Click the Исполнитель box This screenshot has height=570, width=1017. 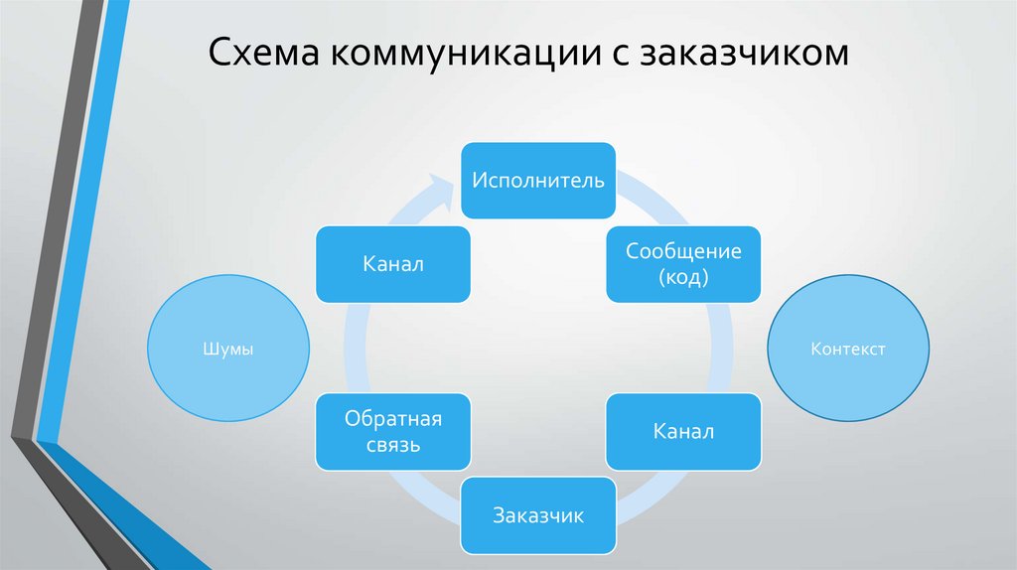tap(538, 180)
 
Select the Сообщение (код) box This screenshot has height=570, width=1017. tap(683, 264)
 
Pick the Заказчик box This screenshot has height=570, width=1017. tap(538, 515)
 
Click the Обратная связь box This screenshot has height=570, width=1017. tap(392, 432)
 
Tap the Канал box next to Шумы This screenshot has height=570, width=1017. tap(392, 264)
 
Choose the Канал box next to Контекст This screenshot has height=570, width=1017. tap(683, 432)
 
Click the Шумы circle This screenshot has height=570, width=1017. tap(227, 350)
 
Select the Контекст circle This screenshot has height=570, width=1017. tap(849, 350)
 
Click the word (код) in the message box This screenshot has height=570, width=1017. tap(683, 278)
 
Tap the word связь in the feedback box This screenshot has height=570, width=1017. tap(392, 445)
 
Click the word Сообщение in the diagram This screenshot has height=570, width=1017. tap(683, 251)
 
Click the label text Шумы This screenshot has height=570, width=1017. tap(227, 350)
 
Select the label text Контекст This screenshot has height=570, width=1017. tap(849, 350)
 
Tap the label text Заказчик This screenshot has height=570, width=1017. tap(538, 515)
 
